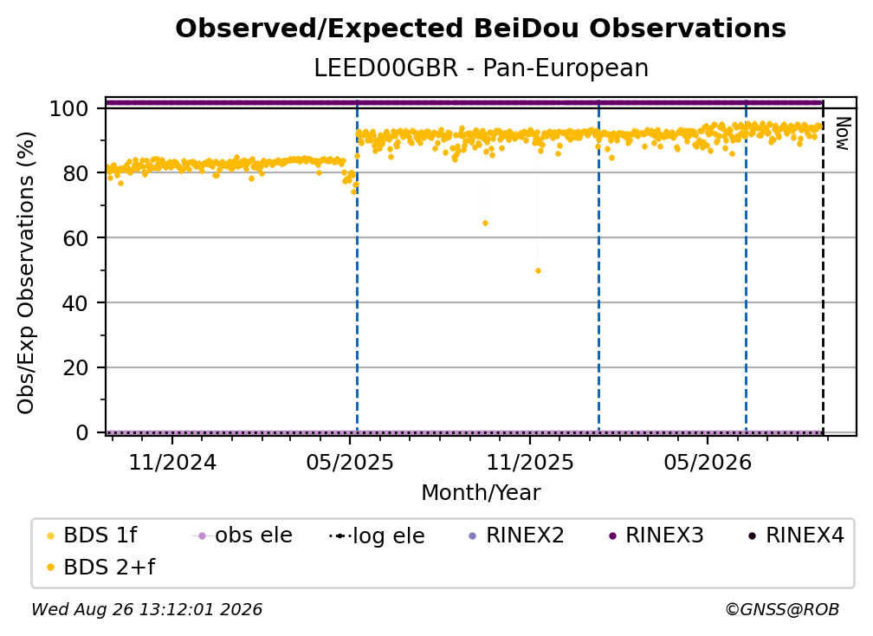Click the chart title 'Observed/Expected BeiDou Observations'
point(481,29)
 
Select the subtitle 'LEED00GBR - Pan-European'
point(481,68)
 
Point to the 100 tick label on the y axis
point(69,108)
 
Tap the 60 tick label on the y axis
point(75,238)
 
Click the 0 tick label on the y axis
point(82,432)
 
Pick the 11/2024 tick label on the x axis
point(172,462)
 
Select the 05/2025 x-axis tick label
point(350,462)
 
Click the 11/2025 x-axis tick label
point(530,462)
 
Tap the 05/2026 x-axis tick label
point(708,462)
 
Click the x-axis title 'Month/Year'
point(481,493)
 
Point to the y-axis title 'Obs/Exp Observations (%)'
point(26,273)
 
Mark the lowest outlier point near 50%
point(539,271)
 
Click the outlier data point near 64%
point(486,224)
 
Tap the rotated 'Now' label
point(843,133)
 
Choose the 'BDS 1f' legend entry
point(91,535)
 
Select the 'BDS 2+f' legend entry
point(100,568)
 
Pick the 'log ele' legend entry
point(377,535)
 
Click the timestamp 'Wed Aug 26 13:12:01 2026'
point(147,610)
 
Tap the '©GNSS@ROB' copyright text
point(782,610)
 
